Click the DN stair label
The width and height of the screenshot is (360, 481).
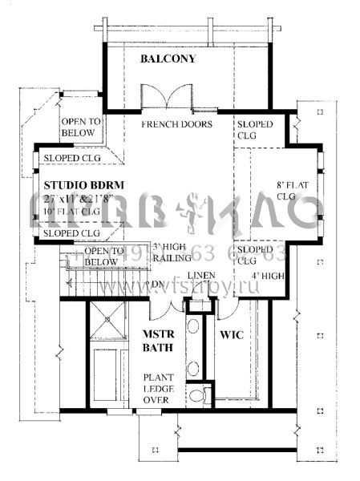pyautogui.click(x=158, y=284)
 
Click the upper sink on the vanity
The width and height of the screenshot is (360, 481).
pyautogui.click(x=192, y=329)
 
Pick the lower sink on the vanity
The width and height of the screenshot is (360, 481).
pyautogui.click(x=192, y=368)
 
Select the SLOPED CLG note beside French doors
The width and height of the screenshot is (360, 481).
pyautogui.click(x=255, y=130)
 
